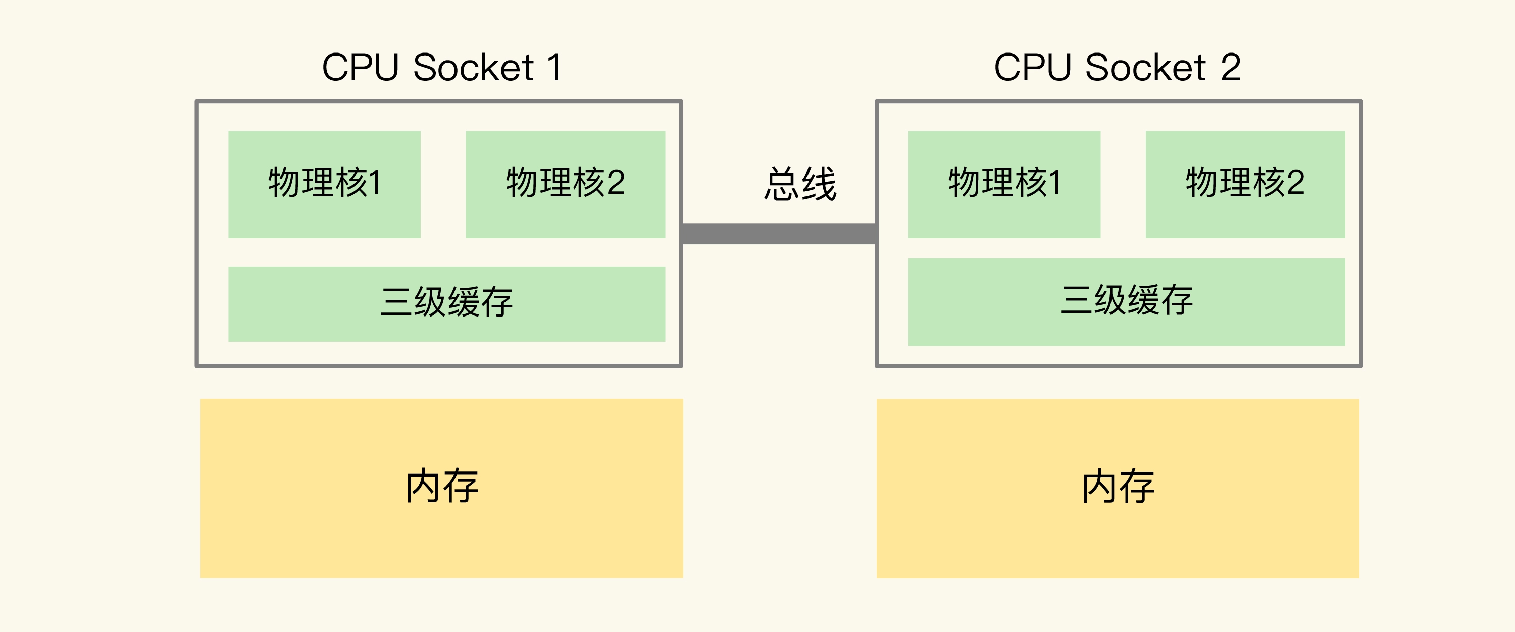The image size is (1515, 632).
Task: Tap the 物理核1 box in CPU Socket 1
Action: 324,184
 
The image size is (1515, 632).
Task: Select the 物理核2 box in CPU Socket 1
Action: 565,184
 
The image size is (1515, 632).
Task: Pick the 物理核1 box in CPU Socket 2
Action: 1004,184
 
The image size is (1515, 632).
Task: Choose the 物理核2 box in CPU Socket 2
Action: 1245,184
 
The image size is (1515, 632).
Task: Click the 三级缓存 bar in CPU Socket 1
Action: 446,303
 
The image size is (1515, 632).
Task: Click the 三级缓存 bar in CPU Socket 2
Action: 1126,301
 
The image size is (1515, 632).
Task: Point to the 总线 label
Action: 800,184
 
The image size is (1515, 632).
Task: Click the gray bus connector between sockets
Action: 779,233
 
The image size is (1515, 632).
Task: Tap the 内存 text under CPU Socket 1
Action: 442,487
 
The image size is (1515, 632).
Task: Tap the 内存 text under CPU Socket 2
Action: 1118,487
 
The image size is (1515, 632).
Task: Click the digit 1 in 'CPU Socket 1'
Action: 554,67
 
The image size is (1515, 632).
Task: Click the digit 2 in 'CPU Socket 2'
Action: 1230,67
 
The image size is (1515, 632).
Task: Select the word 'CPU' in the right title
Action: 1032,67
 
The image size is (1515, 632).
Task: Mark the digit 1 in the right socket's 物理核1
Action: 1055,183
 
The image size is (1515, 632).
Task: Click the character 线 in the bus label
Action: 819,184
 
